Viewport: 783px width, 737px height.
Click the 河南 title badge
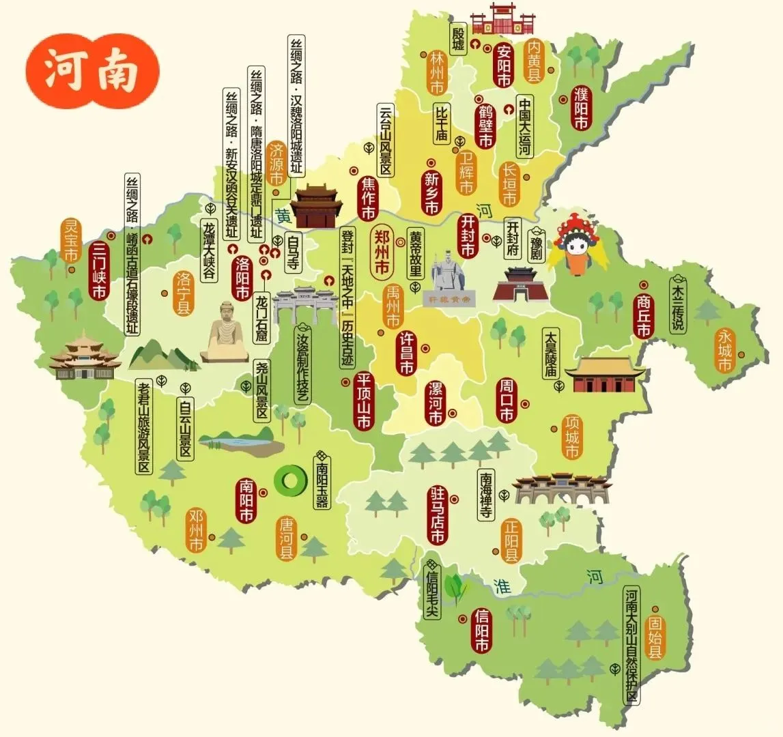91,71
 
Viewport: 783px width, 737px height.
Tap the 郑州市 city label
381,252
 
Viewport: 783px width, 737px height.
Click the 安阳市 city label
504,66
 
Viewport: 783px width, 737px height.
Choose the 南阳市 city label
246,500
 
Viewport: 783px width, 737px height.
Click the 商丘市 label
643,316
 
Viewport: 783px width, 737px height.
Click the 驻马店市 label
437,515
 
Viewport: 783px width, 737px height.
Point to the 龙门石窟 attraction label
261,318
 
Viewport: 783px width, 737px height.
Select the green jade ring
289,480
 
